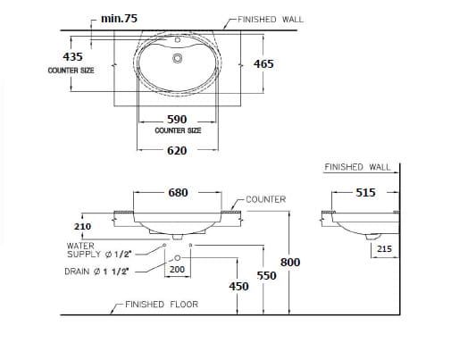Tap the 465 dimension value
263,63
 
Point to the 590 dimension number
177,119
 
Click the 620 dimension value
177,150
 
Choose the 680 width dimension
178,192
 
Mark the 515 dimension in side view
365,192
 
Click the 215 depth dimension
383,249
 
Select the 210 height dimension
82,227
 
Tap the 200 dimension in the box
177,269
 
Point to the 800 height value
290,262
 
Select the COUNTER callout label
265,199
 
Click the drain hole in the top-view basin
177,59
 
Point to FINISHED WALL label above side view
357,166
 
